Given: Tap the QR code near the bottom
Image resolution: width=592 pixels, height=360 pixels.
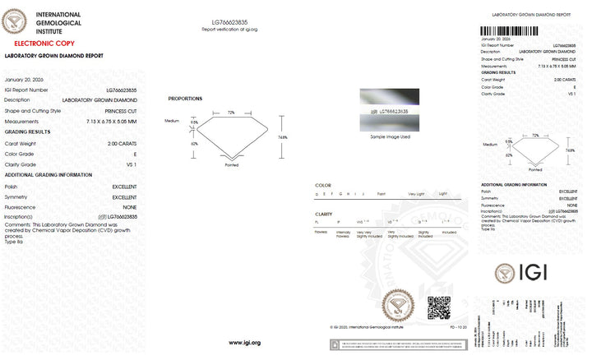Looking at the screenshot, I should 439,307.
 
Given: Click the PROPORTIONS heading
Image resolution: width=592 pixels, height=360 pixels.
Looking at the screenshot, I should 185,99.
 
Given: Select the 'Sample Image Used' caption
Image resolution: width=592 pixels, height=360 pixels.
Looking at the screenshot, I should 390,136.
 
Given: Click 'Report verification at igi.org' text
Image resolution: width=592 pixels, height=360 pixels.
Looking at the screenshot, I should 229,29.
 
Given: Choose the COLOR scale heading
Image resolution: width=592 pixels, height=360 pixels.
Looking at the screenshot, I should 323,186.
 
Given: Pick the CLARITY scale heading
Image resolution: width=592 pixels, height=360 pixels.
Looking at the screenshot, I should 324,214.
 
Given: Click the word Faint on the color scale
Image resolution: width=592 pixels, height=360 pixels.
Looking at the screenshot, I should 381,194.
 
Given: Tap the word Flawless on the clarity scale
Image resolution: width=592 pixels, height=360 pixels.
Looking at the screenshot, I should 321,232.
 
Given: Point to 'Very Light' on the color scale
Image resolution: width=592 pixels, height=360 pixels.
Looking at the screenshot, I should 416,194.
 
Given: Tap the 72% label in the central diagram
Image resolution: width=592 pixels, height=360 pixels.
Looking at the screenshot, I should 231,112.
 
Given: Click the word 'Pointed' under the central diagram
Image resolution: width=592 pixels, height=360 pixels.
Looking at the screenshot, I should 231,165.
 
